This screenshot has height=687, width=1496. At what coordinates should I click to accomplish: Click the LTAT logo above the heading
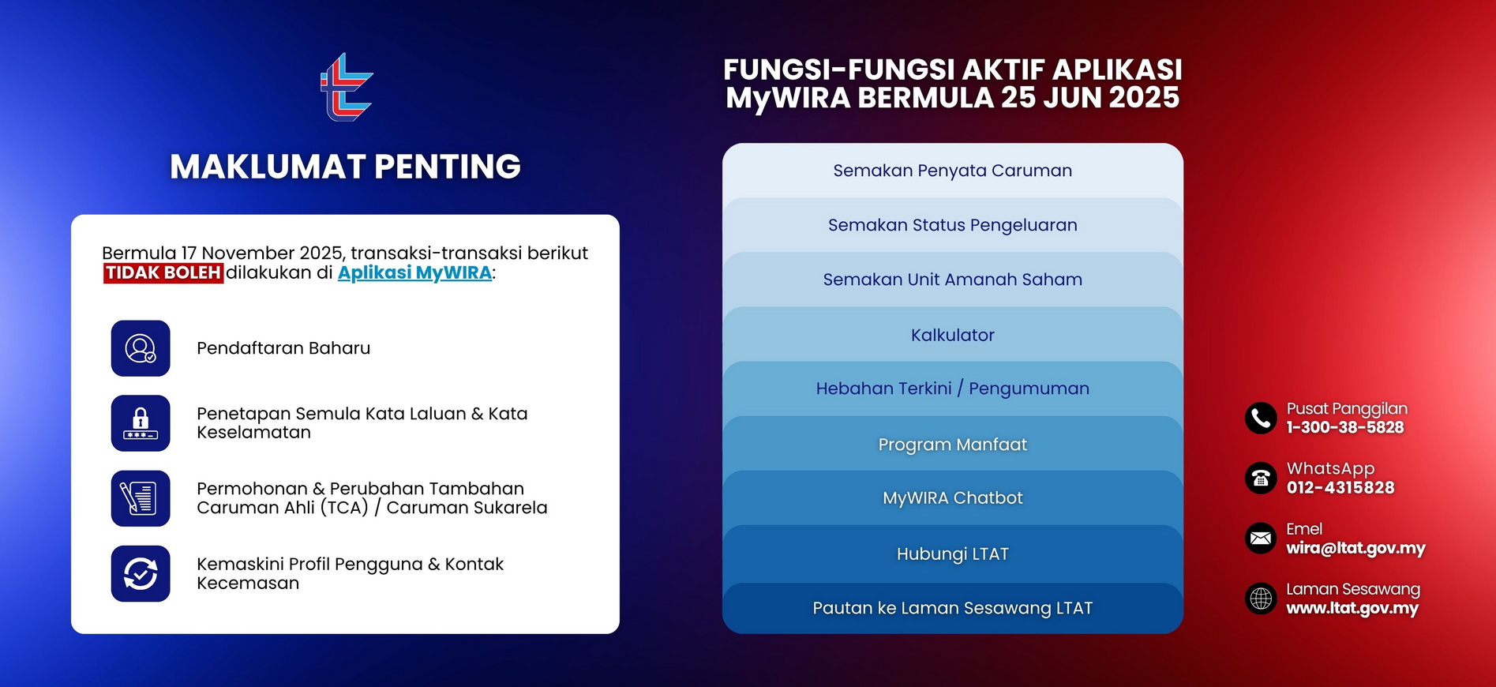tap(346, 88)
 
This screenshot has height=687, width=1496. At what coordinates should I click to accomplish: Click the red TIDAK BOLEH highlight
tap(163, 273)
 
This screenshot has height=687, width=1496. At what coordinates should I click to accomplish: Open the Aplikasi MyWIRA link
tap(414, 273)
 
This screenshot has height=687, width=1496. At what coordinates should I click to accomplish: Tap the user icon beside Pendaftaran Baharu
tap(141, 348)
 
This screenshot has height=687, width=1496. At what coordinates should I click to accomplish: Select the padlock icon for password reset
tap(141, 423)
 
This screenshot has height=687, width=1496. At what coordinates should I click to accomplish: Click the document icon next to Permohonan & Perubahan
tap(141, 498)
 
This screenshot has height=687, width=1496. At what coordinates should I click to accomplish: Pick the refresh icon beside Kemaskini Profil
tap(141, 574)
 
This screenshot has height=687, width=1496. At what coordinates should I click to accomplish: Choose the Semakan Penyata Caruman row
tap(952, 171)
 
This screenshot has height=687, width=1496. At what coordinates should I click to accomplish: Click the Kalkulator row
tap(952, 335)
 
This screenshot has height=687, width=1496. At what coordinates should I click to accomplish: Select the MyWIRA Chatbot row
tap(952, 498)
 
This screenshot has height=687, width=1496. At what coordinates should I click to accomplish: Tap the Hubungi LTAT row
tap(952, 554)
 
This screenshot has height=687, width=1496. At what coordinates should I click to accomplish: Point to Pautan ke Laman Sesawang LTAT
tap(952, 608)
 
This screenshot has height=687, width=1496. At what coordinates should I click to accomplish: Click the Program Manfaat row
tap(952, 445)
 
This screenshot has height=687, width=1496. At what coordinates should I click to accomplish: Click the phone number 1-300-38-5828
tap(1344, 428)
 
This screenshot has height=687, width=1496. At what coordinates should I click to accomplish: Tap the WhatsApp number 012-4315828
tap(1340, 488)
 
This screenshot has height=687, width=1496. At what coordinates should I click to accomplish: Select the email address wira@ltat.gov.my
tap(1355, 548)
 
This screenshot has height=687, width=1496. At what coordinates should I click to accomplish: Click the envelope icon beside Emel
tap(1261, 539)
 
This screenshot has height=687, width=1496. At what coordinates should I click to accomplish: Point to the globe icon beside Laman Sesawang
tap(1261, 599)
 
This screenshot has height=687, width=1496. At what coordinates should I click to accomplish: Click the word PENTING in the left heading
tap(447, 167)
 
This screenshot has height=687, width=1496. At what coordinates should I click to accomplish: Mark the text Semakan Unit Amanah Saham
tap(952, 280)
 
